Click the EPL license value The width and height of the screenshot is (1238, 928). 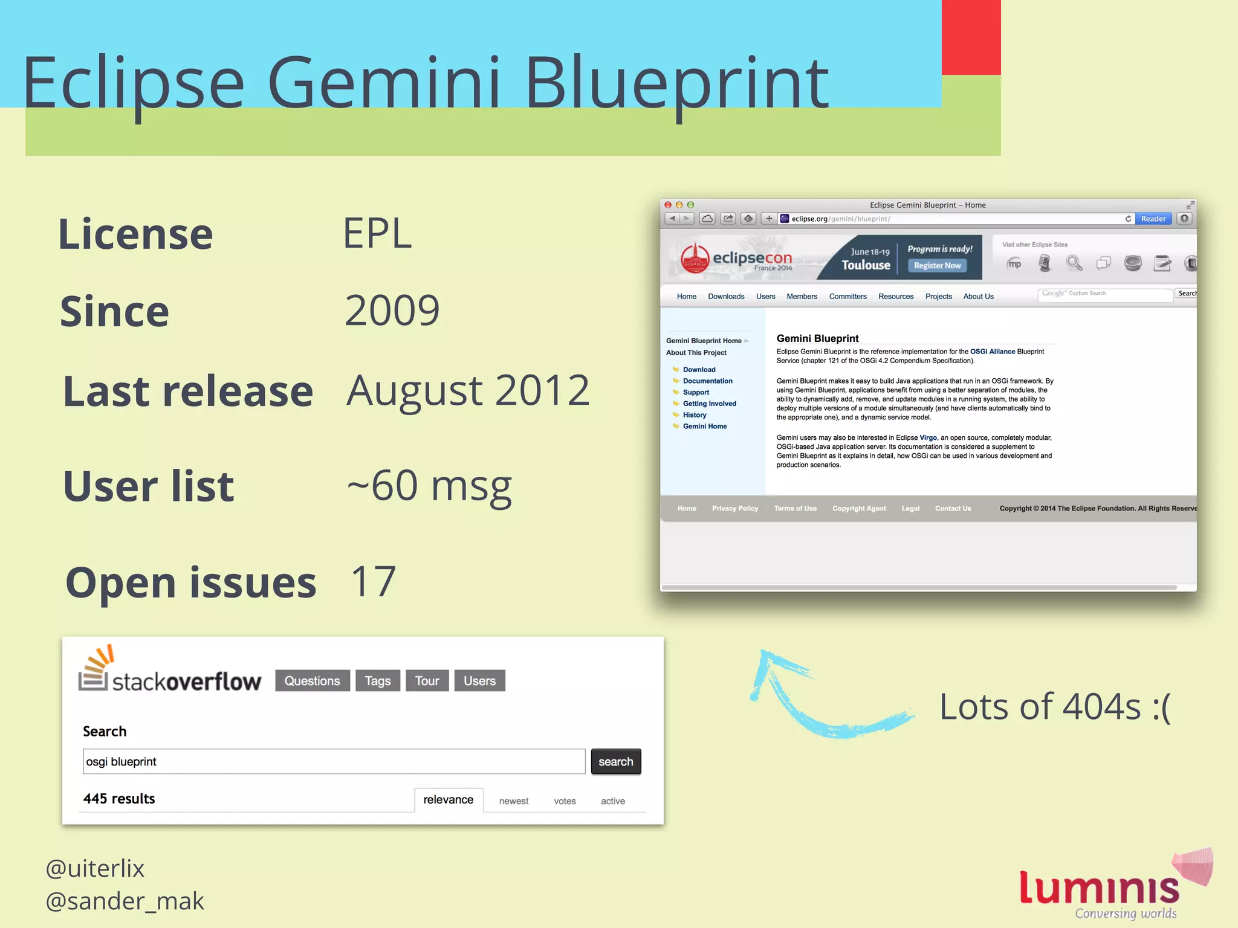click(377, 233)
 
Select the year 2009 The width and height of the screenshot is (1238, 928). click(392, 311)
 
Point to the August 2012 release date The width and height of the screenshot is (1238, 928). click(467, 390)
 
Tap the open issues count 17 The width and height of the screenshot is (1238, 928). click(373, 581)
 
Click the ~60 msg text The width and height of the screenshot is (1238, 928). click(429, 486)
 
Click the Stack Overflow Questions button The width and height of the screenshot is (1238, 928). click(312, 681)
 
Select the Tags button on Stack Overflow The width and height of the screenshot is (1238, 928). click(378, 681)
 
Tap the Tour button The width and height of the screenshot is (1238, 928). click(427, 681)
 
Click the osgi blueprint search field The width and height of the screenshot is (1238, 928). click(334, 761)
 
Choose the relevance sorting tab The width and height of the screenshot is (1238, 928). click(449, 800)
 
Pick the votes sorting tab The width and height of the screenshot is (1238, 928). click(565, 801)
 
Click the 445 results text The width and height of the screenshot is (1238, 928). click(119, 799)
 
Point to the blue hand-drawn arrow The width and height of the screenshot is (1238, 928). click(822, 701)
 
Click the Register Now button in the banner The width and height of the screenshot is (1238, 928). click(937, 265)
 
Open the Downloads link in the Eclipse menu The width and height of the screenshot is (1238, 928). click(726, 296)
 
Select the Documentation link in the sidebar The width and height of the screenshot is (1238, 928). click(707, 381)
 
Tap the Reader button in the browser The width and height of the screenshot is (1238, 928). click(1153, 219)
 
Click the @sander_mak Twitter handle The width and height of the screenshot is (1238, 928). click(125, 901)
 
